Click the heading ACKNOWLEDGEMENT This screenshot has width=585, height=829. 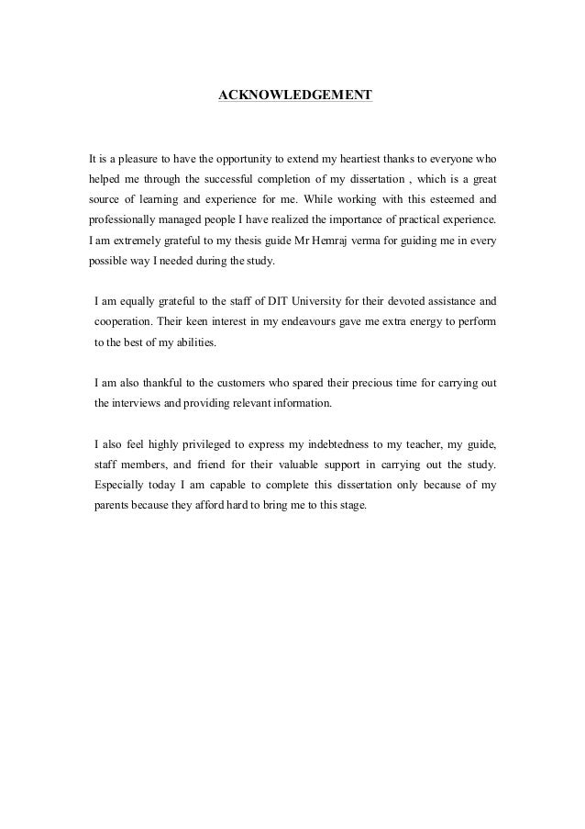[294, 95]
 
